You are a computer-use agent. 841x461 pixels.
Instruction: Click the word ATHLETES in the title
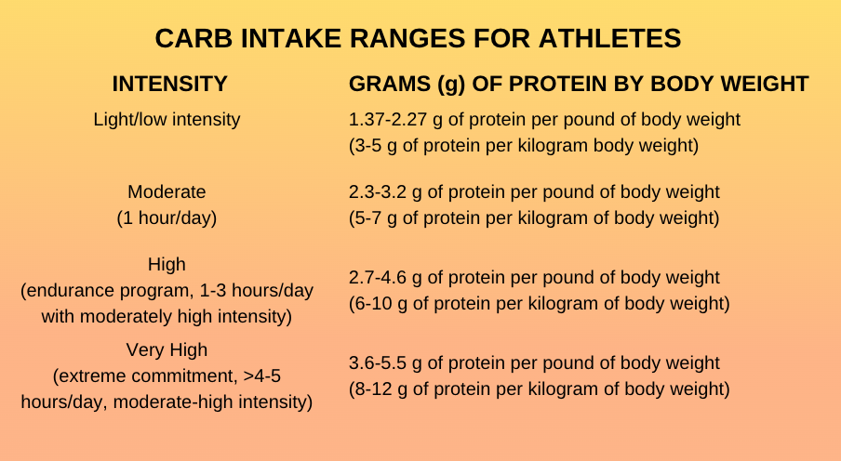click(610, 39)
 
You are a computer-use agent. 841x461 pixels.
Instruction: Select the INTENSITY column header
click(170, 85)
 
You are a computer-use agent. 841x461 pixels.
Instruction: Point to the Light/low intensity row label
click(167, 119)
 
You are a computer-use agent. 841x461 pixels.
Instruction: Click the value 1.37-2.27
click(388, 119)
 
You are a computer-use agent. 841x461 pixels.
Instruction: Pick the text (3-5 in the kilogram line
click(366, 145)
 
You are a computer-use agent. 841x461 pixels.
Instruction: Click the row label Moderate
click(167, 191)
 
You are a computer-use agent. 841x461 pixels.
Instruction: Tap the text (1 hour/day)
click(167, 217)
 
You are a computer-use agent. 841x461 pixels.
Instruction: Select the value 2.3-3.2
click(378, 191)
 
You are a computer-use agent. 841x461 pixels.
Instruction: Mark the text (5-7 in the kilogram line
click(366, 217)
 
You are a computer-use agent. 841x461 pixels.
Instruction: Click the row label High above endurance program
click(167, 264)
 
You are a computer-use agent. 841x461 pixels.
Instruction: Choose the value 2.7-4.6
click(378, 277)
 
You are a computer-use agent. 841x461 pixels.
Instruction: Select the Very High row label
click(167, 349)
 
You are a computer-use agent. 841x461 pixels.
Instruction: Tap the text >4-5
click(261, 375)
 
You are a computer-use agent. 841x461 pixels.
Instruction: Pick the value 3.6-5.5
click(378, 362)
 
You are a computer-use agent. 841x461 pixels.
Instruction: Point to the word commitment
click(183, 375)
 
